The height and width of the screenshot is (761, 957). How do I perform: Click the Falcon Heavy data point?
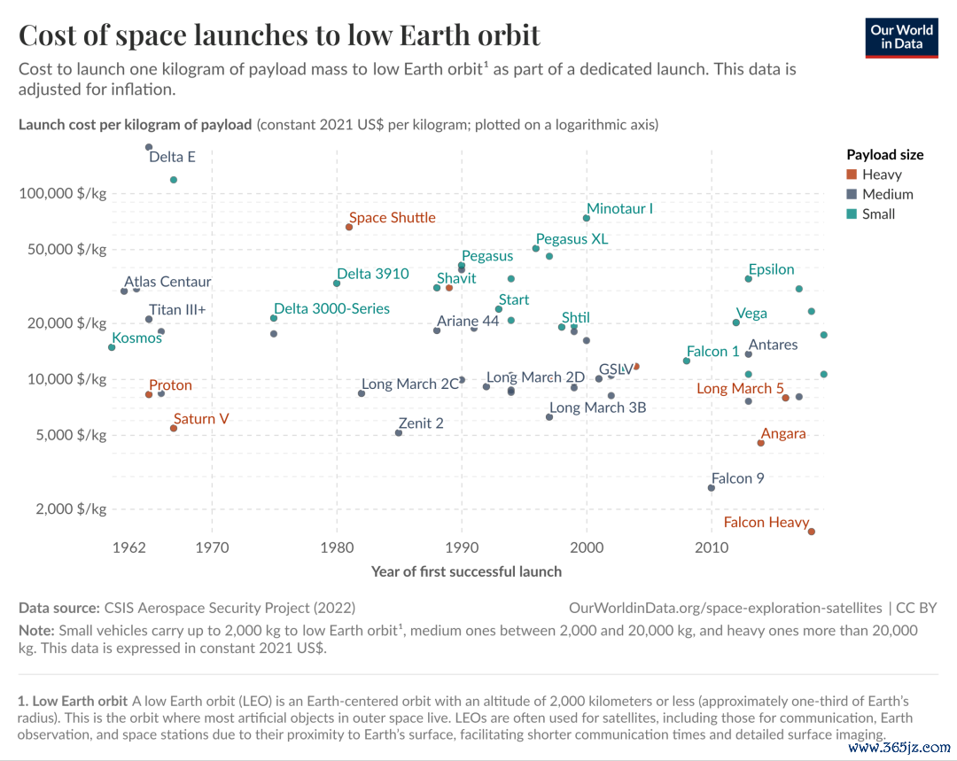click(811, 532)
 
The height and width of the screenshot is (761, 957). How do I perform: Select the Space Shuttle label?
click(393, 218)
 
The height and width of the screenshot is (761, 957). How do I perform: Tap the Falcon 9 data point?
click(711, 487)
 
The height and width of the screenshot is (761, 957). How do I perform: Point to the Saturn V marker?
click(174, 429)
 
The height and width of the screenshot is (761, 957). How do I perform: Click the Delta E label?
click(172, 157)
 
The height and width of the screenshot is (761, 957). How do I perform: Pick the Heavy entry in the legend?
click(874, 175)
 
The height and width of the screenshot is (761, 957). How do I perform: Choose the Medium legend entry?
click(880, 194)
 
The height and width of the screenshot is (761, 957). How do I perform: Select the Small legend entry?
click(871, 214)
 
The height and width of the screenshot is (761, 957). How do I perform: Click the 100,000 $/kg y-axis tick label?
click(63, 194)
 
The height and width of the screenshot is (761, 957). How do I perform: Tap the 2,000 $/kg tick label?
click(72, 509)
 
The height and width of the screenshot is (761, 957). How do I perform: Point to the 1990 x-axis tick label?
click(462, 547)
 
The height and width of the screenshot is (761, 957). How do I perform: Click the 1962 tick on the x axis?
click(129, 547)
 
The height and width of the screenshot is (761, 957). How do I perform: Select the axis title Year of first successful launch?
click(466, 571)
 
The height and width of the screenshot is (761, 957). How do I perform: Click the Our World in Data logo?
click(901, 38)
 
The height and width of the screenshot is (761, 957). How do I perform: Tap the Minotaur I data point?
click(587, 218)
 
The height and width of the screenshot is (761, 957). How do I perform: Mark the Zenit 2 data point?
click(399, 432)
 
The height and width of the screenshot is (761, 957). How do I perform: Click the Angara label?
click(783, 434)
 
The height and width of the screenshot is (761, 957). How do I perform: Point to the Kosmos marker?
click(112, 347)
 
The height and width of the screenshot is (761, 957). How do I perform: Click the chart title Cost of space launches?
click(279, 35)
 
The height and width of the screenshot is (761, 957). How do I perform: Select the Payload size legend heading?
click(885, 155)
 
